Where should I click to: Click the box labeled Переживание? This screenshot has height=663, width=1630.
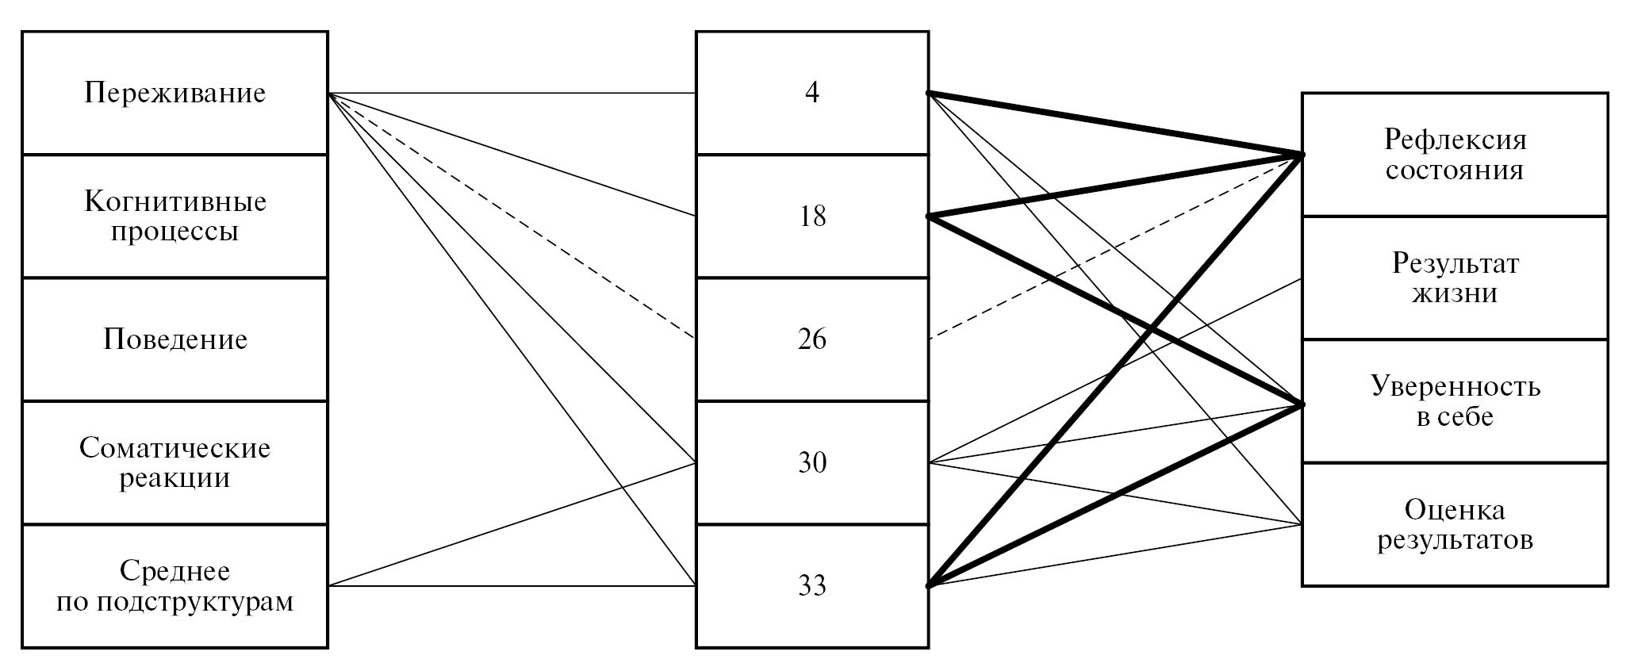175,93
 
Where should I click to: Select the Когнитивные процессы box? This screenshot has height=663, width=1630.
175,216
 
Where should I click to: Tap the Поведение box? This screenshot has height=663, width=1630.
175,339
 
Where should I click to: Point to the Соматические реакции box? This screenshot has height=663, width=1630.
175,462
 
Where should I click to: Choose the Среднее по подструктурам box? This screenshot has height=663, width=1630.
175,586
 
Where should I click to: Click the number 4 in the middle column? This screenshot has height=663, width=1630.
811,93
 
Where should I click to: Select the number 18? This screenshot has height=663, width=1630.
811,216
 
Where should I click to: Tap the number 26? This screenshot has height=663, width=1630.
811,339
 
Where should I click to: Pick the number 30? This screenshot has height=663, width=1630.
811,462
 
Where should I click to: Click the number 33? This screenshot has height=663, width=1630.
811,586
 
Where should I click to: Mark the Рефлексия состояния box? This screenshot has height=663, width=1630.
1455,155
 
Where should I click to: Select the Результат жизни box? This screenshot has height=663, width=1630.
1455,278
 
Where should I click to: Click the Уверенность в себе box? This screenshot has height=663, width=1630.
1455,401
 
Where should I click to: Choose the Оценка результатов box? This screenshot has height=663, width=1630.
1455,524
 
